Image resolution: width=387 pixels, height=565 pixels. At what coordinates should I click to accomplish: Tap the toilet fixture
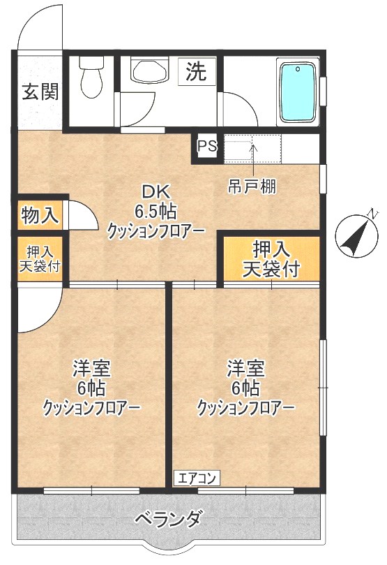91,78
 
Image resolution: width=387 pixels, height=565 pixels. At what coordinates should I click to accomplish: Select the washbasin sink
149,72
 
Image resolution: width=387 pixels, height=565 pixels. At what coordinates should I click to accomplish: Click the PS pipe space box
206,147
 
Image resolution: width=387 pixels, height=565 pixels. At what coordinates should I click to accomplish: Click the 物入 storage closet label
40,214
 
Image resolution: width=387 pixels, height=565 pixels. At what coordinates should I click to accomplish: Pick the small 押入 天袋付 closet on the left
39,259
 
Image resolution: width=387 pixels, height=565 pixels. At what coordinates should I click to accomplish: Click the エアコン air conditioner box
197,478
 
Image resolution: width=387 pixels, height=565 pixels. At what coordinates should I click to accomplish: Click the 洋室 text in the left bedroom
92,367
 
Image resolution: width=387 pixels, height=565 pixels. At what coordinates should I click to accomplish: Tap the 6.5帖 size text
156,211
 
